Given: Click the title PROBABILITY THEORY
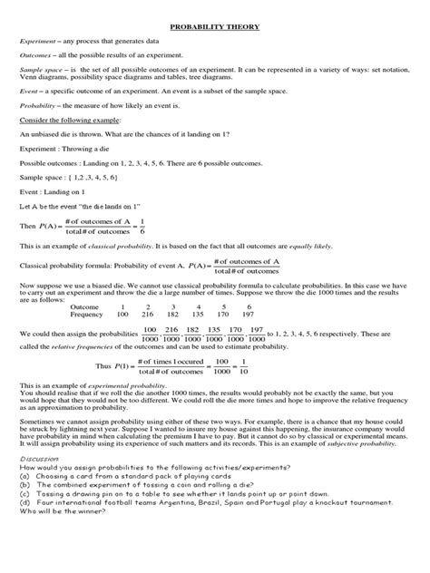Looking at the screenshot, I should [215, 28].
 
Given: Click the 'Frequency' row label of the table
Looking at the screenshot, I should [88, 315].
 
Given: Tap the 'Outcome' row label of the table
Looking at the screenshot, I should [85, 307].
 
